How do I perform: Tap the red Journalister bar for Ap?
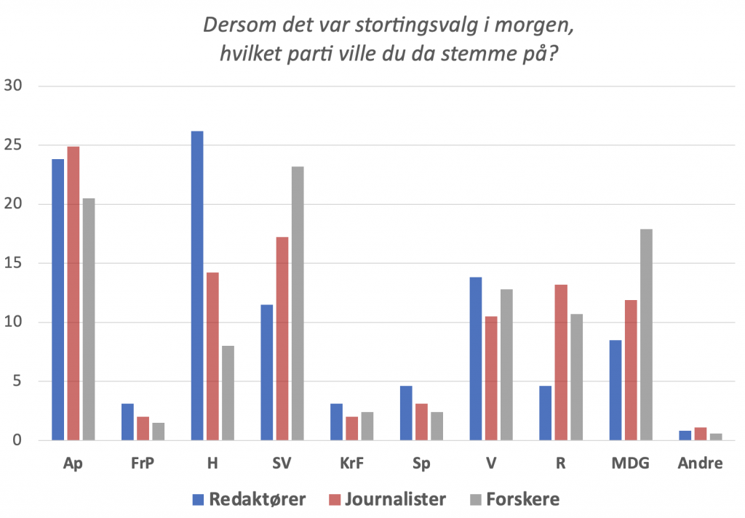pos(73,294)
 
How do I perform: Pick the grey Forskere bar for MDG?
pos(646,334)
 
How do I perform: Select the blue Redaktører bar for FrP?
pos(127,421)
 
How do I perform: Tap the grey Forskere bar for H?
pos(228,392)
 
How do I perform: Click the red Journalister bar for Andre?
pos(701,434)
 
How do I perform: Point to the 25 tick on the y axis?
pos(15,145)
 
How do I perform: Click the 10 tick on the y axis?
pos(15,322)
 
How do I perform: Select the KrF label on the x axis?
pos(351,464)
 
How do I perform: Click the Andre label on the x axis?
pos(701,464)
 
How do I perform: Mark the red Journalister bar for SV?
pos(282,339)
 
